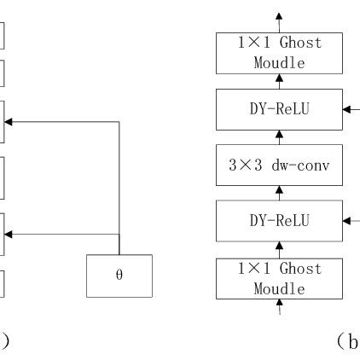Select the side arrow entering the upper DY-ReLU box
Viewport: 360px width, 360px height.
coord(351,110)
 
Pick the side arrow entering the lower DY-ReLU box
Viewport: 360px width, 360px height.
coord(351,221)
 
